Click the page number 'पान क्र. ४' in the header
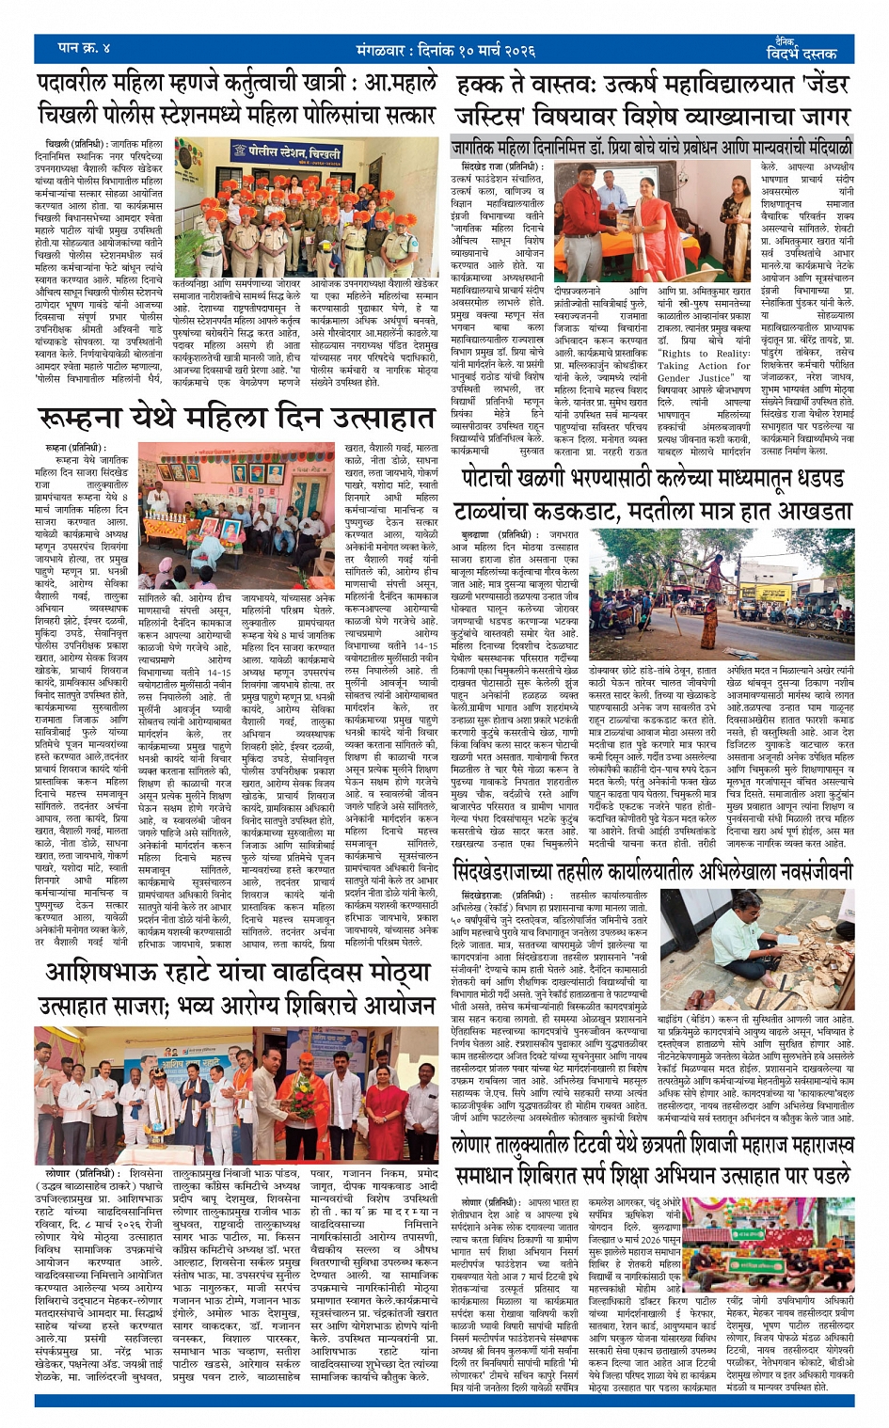pyautogui.click(x=85, y=47)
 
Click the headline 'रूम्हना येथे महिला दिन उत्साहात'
pyautogui.click(x=236, y=418)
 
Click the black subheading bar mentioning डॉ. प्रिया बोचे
pyautogui.click(x=651, y=148)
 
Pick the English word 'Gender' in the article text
pyautogui.click(x=674, y=378)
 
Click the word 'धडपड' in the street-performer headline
pyautogui.click(x=815, y=479)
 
